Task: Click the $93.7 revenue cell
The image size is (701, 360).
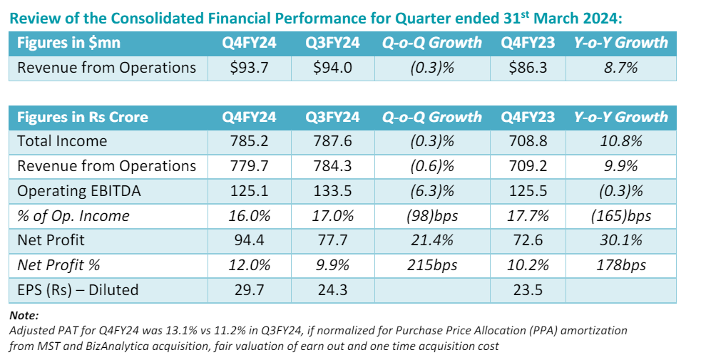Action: (247, 68)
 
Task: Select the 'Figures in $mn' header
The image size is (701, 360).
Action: (68, 43)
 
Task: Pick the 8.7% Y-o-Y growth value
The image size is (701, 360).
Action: (620, 68)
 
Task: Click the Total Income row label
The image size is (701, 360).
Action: (62, 141)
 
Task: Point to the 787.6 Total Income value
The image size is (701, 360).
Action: (332, 141)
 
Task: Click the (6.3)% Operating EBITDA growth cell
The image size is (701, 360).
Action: (432, 191)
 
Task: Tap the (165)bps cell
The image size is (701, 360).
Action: (620, 215)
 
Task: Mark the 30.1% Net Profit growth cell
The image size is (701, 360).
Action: (620, 240)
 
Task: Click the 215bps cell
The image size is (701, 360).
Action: (432, 265)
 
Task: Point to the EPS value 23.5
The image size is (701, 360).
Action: (528, 289)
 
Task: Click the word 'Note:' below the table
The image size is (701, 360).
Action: (24, 314)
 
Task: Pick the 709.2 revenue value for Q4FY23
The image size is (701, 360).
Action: (528, 166)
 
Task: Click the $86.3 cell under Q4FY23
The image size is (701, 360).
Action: (528, 68)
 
